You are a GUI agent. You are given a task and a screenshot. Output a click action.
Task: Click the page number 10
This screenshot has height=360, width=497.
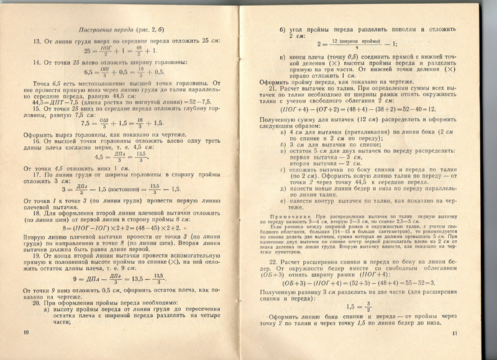25,333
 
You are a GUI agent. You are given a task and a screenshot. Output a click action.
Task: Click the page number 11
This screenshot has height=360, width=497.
455,335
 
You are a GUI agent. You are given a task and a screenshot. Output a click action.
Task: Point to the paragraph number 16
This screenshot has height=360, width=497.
36,142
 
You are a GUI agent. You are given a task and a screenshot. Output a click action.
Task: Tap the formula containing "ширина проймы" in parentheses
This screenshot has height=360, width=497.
357,43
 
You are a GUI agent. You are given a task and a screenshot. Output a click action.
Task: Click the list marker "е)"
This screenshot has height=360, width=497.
283,200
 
